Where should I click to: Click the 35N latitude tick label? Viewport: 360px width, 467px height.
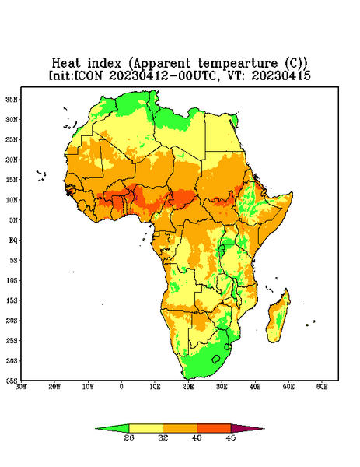12,99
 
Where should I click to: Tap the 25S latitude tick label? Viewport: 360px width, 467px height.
12,340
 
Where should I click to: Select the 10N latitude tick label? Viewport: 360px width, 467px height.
12,200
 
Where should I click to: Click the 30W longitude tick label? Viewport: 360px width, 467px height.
22,387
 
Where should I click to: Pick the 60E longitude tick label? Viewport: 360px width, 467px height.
322,387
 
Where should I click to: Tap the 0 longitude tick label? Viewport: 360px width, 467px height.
121,387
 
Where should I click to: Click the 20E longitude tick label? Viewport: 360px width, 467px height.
188,387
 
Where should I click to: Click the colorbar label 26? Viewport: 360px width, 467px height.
129,437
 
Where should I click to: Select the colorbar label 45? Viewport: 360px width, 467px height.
231,437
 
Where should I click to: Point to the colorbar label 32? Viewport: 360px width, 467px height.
163,437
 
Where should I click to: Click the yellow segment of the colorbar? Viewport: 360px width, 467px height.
145,428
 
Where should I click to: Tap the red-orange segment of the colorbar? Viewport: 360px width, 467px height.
214,428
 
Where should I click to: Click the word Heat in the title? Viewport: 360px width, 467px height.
66,64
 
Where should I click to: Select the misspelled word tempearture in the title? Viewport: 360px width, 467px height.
237,64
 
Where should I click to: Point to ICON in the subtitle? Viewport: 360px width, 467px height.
89,75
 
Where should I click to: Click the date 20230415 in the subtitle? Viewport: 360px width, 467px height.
281,75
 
